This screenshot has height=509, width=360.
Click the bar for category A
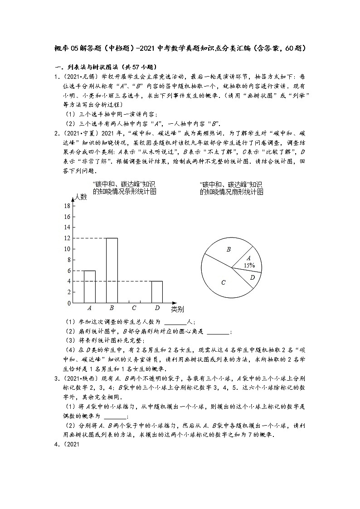pos(89,286)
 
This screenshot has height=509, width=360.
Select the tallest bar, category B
pos(112,270)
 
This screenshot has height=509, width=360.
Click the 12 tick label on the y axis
pos(67,238)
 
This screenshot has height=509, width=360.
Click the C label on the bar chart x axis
pos(134,308)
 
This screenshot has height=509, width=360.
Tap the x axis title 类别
pos(177,310)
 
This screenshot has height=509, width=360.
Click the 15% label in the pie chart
pos(249,265)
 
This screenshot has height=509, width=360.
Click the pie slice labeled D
pos(253,277)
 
